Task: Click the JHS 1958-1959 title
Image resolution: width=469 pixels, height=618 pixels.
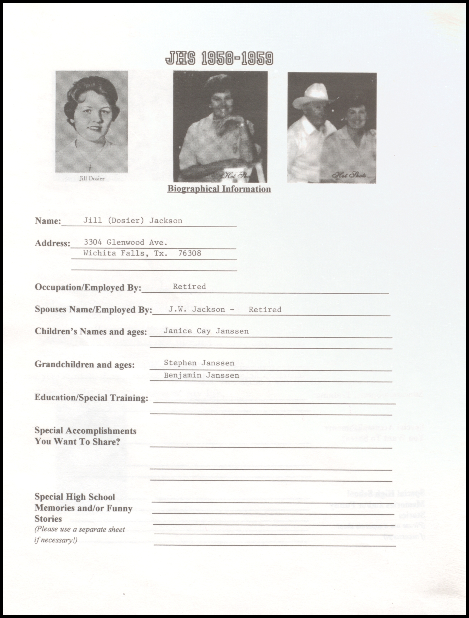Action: [219, 58]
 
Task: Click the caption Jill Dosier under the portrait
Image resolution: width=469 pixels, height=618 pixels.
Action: [92, 178]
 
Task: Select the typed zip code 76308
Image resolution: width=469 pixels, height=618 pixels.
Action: [190, 253]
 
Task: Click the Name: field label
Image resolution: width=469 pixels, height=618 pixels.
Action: [48, 221]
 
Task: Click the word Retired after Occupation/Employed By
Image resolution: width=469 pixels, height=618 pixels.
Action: [189, 286]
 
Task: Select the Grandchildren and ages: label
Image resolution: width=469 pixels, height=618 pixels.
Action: [84, 365]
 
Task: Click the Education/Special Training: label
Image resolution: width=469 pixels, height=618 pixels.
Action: [91, 398]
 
